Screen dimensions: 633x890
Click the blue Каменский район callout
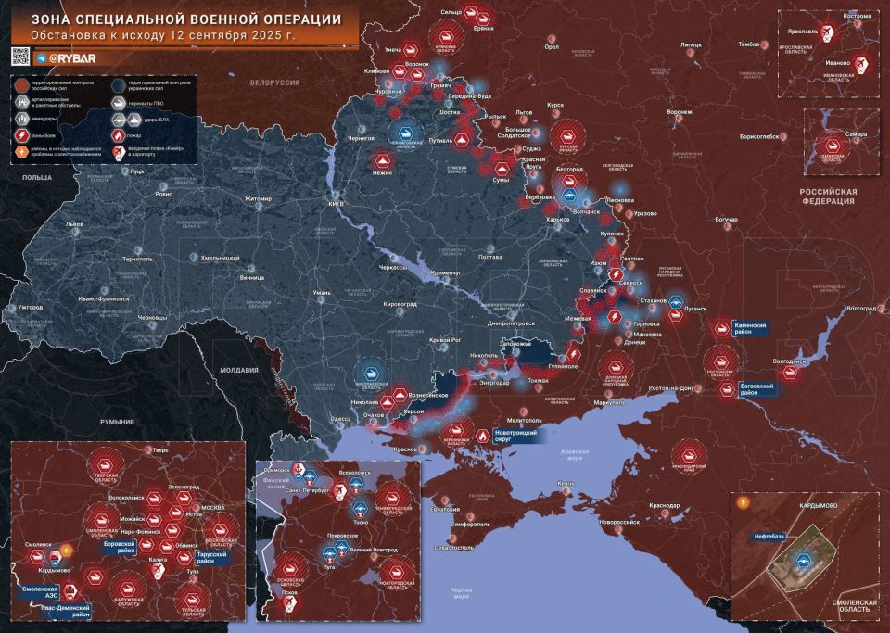(x=750, y=328)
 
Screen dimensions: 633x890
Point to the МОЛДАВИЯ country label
(x=238, y=370)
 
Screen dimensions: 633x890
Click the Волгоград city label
(x=861, y=308)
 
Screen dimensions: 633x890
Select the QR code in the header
(x=19, y=57)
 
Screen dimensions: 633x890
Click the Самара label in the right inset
(x=857, y=134)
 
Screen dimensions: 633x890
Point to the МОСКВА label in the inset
(x=213, y=508)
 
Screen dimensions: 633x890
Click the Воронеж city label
(x=680, y=111)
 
